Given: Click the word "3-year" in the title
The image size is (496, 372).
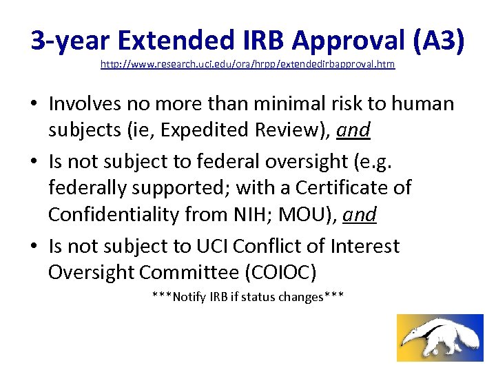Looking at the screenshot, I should coord(70,41).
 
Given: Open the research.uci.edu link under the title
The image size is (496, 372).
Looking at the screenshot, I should coord(248,64).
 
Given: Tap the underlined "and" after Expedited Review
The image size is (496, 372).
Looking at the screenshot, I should coord(355,130).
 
